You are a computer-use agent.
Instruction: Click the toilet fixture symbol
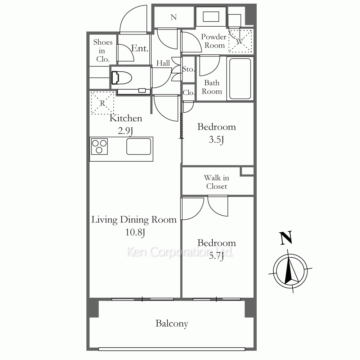(121, 78)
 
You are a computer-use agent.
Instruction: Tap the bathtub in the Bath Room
(240, 78)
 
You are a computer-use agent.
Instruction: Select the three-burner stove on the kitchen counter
(99, 146)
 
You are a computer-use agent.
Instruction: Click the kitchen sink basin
(139, 146)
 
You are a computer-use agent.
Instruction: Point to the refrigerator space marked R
(102, 103)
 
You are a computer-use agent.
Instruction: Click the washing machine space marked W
(240, 41)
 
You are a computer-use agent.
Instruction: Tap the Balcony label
(172, 324)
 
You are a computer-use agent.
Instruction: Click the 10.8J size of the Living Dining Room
(135, 232)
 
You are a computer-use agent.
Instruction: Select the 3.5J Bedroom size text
(216, 140)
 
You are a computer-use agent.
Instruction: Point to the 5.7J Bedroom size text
(216, 256)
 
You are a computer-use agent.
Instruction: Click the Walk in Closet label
(216, 182)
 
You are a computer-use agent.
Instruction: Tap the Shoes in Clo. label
(103, 50)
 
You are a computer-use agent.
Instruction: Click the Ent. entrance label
(140, 48)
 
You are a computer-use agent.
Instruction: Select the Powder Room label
(214, 41)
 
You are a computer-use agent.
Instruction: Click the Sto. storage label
(188, 69)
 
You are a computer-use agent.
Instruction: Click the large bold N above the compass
(286, 238)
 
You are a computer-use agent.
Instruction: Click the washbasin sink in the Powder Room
(211, 17)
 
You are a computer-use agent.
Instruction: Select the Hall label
(163, 63)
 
